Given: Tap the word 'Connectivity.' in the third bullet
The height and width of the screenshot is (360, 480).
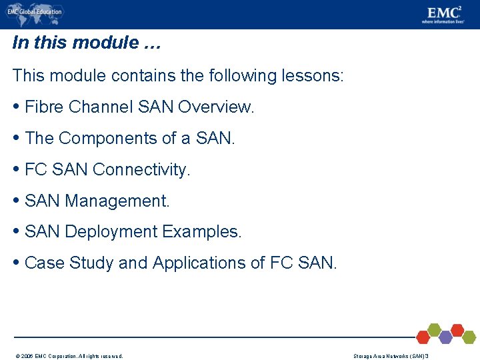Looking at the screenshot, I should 142,169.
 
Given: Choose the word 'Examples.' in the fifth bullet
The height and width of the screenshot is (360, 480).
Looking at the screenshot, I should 202,232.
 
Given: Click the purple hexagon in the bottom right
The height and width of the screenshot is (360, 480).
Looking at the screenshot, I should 445,337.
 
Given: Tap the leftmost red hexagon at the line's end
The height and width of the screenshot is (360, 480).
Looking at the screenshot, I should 423,337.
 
